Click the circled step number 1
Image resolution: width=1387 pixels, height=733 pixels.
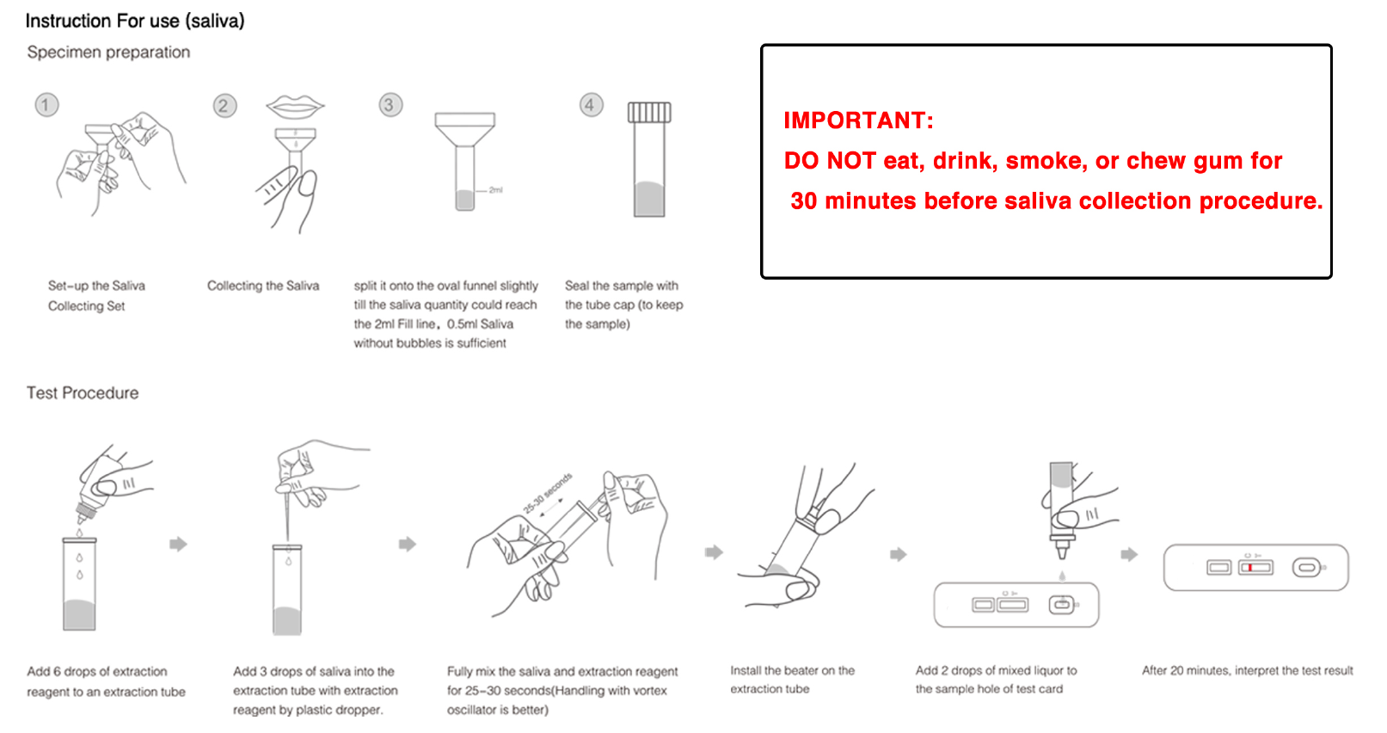click(x=46, y=105)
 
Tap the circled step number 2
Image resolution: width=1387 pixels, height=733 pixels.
click(x=224, y=106)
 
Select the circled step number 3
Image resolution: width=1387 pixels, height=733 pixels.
click(x=390, y=105)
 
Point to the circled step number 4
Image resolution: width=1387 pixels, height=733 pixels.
click(x=591, y=105)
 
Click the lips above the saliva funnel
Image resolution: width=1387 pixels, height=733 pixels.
click(x=295, y=107)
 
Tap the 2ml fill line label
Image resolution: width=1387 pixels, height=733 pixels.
click(x=495, y=190)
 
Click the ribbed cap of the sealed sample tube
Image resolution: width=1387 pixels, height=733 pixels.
click(x=649, y=112)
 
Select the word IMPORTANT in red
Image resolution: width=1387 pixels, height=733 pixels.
click(x=858, y=120)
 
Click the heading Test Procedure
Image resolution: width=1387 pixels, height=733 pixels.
click(x=83, y=393)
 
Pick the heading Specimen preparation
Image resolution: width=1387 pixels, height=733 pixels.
click(x=108, y=52)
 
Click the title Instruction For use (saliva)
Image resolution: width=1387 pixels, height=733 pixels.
click(x=135, y=21)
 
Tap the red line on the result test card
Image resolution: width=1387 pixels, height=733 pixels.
click(x=1250, y=568)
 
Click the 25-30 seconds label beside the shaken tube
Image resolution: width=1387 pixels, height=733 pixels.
click(x=548, y=493)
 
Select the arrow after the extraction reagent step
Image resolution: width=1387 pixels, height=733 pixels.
click(x=178, y=544)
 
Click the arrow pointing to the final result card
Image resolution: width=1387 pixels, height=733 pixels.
click(x=1129, y=554)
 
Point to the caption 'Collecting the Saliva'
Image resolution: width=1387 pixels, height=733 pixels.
click(x=263, y=286)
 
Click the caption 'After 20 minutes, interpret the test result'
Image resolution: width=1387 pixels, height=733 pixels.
click(x=1247, y=670)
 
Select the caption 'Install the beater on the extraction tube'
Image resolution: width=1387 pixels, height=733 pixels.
click(x=792, y=680)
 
